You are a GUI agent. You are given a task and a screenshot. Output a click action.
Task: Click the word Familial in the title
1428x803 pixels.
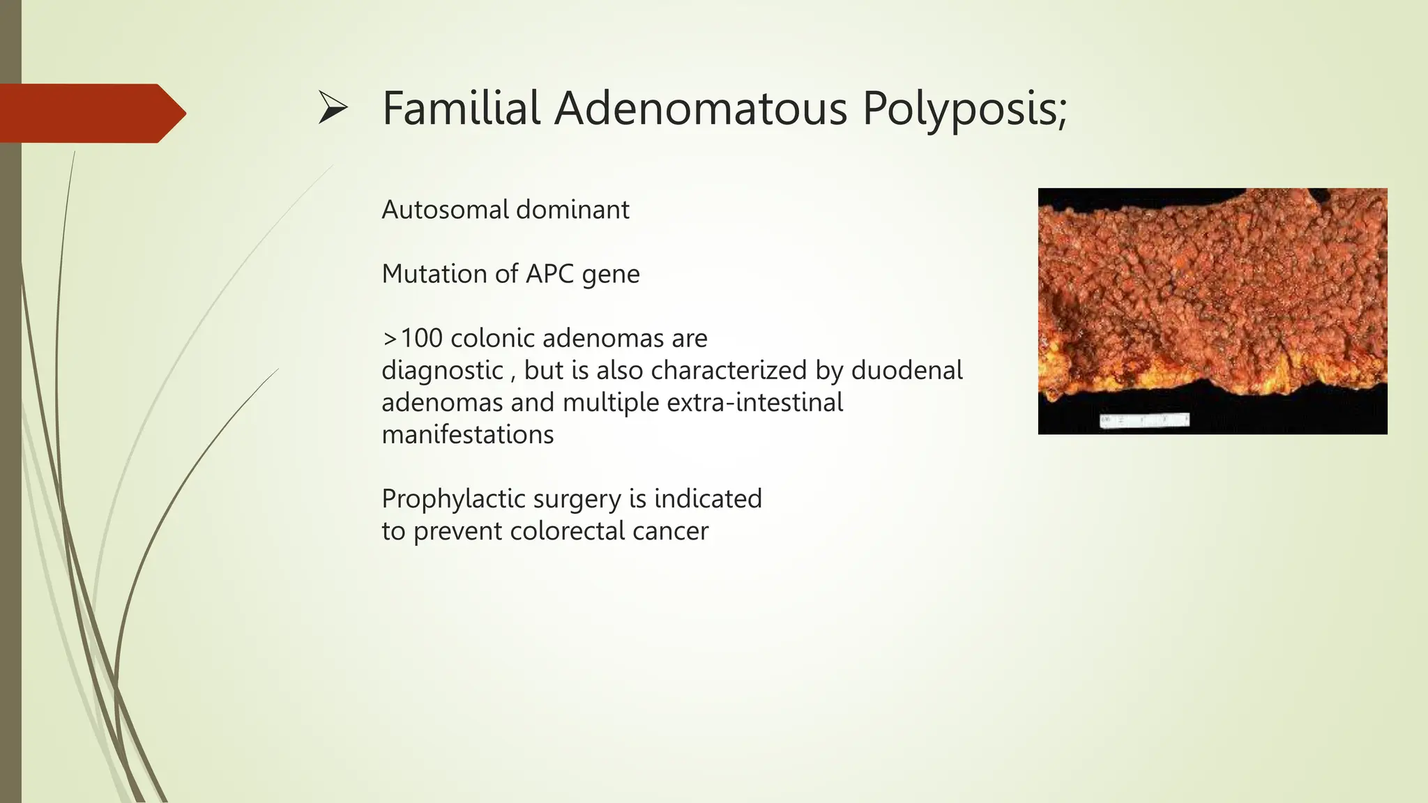(x=461, y=109)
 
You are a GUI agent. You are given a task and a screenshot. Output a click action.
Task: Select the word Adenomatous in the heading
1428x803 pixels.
(x=700, y=109)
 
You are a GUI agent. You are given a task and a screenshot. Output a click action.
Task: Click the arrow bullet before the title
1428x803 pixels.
(x=333, y=109)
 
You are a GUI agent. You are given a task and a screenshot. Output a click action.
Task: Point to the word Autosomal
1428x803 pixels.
(x=445, y=210)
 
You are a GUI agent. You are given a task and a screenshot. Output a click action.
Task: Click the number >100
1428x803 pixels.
(x=412, y=339)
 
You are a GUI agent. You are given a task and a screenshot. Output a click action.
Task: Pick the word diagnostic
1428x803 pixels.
(x=442, y=371)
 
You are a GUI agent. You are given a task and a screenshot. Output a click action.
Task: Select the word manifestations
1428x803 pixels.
(x=467, y=435)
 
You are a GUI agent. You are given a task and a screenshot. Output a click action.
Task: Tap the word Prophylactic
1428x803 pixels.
(x=453, y=500)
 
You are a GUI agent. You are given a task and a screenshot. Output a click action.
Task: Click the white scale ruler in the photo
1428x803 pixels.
(x=1144, y=420)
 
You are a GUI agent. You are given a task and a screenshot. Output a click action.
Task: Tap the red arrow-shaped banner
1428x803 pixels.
(x=91, y=114)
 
